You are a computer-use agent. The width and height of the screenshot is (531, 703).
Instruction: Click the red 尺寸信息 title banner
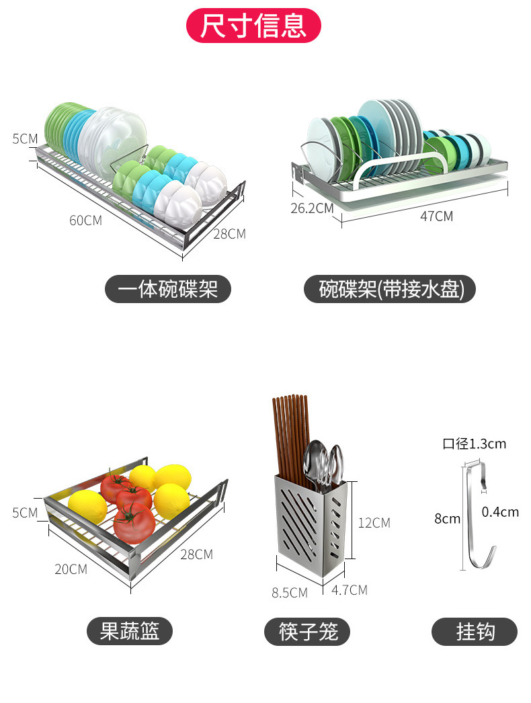(253, 26)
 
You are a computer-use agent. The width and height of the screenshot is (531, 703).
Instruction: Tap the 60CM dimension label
(85, 220)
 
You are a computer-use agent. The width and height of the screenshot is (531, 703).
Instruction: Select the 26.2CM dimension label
(312, 208)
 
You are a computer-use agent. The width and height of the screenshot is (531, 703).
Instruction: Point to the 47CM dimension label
(436, 216)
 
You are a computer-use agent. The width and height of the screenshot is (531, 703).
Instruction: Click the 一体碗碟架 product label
(168, 290)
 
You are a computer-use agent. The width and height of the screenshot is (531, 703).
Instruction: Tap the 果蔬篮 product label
(130, 632)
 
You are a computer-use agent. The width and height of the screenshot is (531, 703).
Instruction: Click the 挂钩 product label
(475, 632)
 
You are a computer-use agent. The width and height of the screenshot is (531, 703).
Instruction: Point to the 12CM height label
(374, 522)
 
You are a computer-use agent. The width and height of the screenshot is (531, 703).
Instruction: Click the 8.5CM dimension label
(289, 593)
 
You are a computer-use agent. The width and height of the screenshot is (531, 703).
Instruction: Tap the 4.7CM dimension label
(350, 590)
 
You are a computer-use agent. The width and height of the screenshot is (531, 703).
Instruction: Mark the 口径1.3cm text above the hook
(474, 444)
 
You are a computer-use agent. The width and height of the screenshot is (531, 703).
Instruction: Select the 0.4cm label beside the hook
(500, 512)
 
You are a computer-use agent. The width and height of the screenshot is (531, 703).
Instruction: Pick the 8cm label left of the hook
(447, 518)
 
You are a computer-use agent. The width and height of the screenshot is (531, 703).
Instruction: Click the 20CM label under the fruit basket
(71, 569)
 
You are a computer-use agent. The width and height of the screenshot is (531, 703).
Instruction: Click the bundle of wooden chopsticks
(290, 437)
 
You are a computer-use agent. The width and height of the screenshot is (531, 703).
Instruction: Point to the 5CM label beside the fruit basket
(25, 513)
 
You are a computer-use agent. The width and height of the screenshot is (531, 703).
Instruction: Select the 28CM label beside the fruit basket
(196, 554)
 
